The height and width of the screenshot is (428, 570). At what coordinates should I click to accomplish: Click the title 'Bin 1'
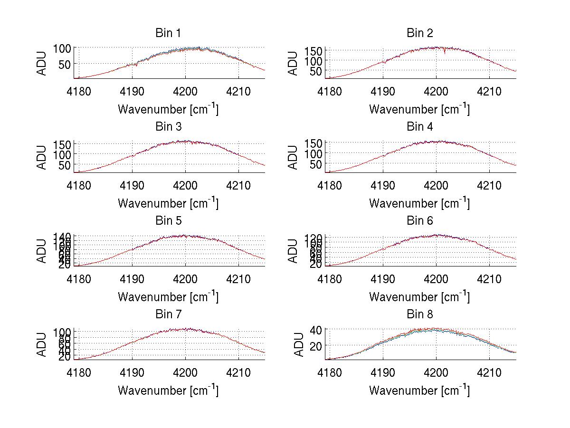click(x=168, y=33)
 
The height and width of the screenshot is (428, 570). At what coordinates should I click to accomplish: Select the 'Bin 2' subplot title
click(x=419, y=33)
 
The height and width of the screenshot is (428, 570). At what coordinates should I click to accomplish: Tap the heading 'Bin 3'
click(x=168, y=127)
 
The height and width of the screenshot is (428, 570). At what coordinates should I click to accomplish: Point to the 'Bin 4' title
click(x=419, y=127)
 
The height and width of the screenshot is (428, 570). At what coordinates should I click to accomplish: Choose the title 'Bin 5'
click(x=168, y=221)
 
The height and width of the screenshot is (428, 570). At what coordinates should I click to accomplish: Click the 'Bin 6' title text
click(x=419, y=221)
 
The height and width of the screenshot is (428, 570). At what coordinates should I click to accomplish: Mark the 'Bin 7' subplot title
click(x=168, y=314)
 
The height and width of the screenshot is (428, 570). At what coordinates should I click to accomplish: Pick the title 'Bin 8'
click(x=419, y=314)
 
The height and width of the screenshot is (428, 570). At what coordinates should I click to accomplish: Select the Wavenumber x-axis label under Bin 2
click(x=419, y=109)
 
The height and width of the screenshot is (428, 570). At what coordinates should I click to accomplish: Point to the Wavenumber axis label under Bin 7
click(x=168, y=390)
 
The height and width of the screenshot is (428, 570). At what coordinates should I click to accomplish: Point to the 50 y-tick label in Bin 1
click(x=66, y=64)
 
